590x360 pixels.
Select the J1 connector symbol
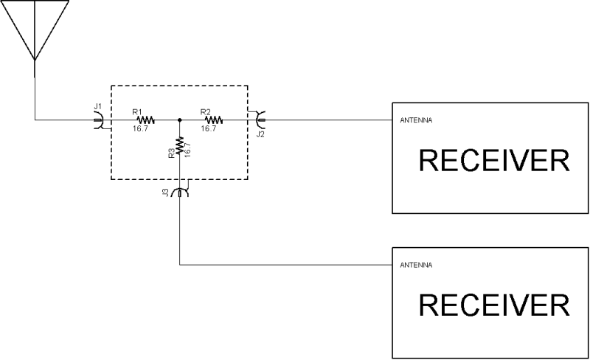coord(98,120)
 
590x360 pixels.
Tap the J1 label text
coord(97,107)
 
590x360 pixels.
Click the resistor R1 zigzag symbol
coord(145,120)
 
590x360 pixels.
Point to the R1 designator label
coord(137,111)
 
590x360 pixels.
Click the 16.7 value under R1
coord(139,128)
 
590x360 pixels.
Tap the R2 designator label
coord(206,111)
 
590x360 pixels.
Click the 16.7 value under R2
coord(209,128)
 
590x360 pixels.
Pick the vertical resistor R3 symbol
coord(180,145)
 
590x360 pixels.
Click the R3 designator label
coord(171,153)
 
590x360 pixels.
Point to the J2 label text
coord(260,134)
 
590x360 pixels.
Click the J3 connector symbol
coord(180,192)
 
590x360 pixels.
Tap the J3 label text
coord(167,194)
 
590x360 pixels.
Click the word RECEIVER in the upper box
coord(494,162)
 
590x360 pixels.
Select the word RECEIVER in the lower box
coord(494,305)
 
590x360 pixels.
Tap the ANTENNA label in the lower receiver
coord(415,264)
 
